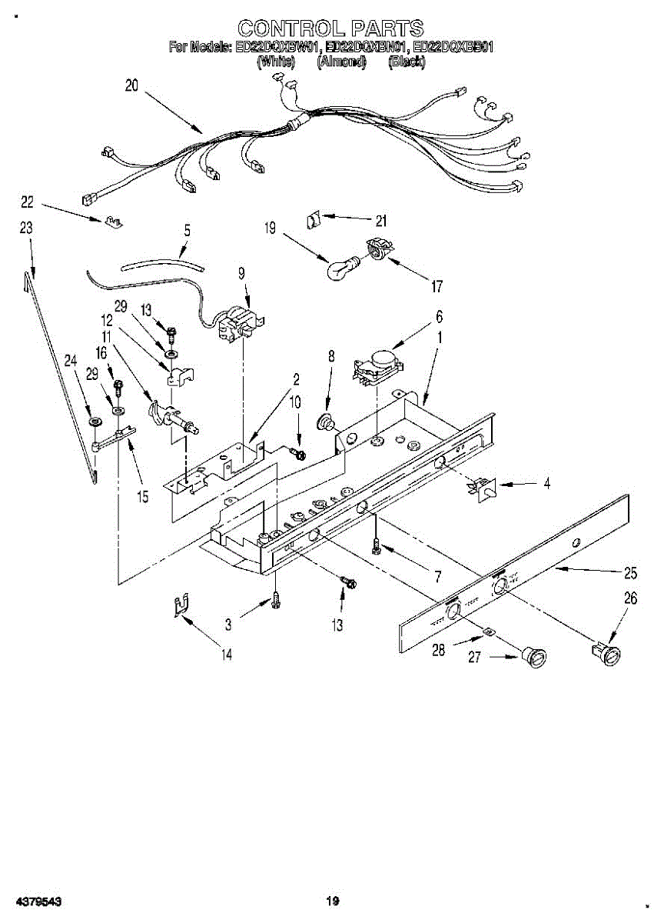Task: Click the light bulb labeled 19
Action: [339, 269]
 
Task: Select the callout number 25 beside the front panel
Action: [630, 573]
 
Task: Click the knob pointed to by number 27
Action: [533, 658]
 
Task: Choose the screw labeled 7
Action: [376, 546]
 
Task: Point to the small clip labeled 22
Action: [112, 222]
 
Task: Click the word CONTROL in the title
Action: [284, 29]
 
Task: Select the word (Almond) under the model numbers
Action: [340, 62]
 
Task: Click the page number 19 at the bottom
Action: [331, 901]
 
